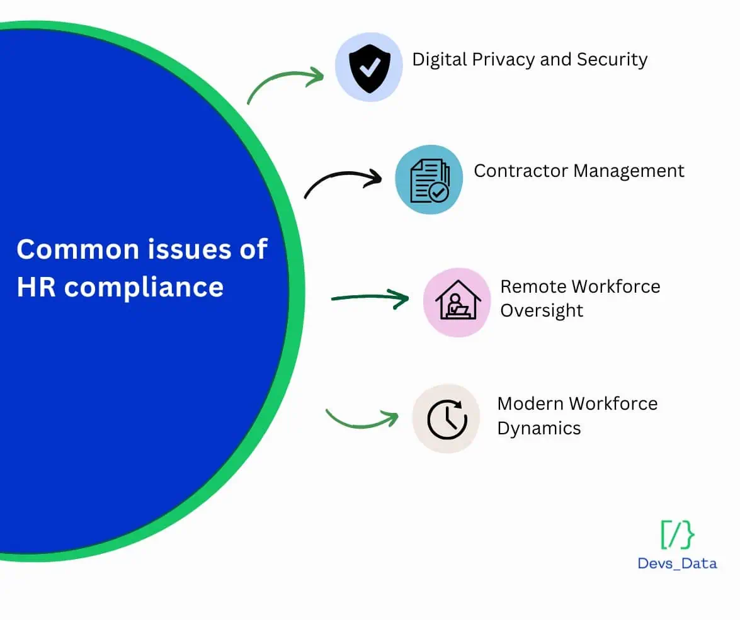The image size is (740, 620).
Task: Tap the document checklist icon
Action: point(430,181)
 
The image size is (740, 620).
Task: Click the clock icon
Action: point(447,419)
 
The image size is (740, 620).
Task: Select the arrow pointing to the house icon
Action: point(370,298)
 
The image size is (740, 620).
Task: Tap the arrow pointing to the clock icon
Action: point(361,422)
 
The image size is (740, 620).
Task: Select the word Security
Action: point(612,60)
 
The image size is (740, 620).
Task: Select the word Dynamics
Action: point(539,429)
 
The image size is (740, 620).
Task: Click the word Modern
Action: point(530,404)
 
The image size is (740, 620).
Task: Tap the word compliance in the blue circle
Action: point(144,288)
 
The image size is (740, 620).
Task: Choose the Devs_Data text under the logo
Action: point(677,563)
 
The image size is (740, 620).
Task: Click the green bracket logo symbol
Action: point(678,535)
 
